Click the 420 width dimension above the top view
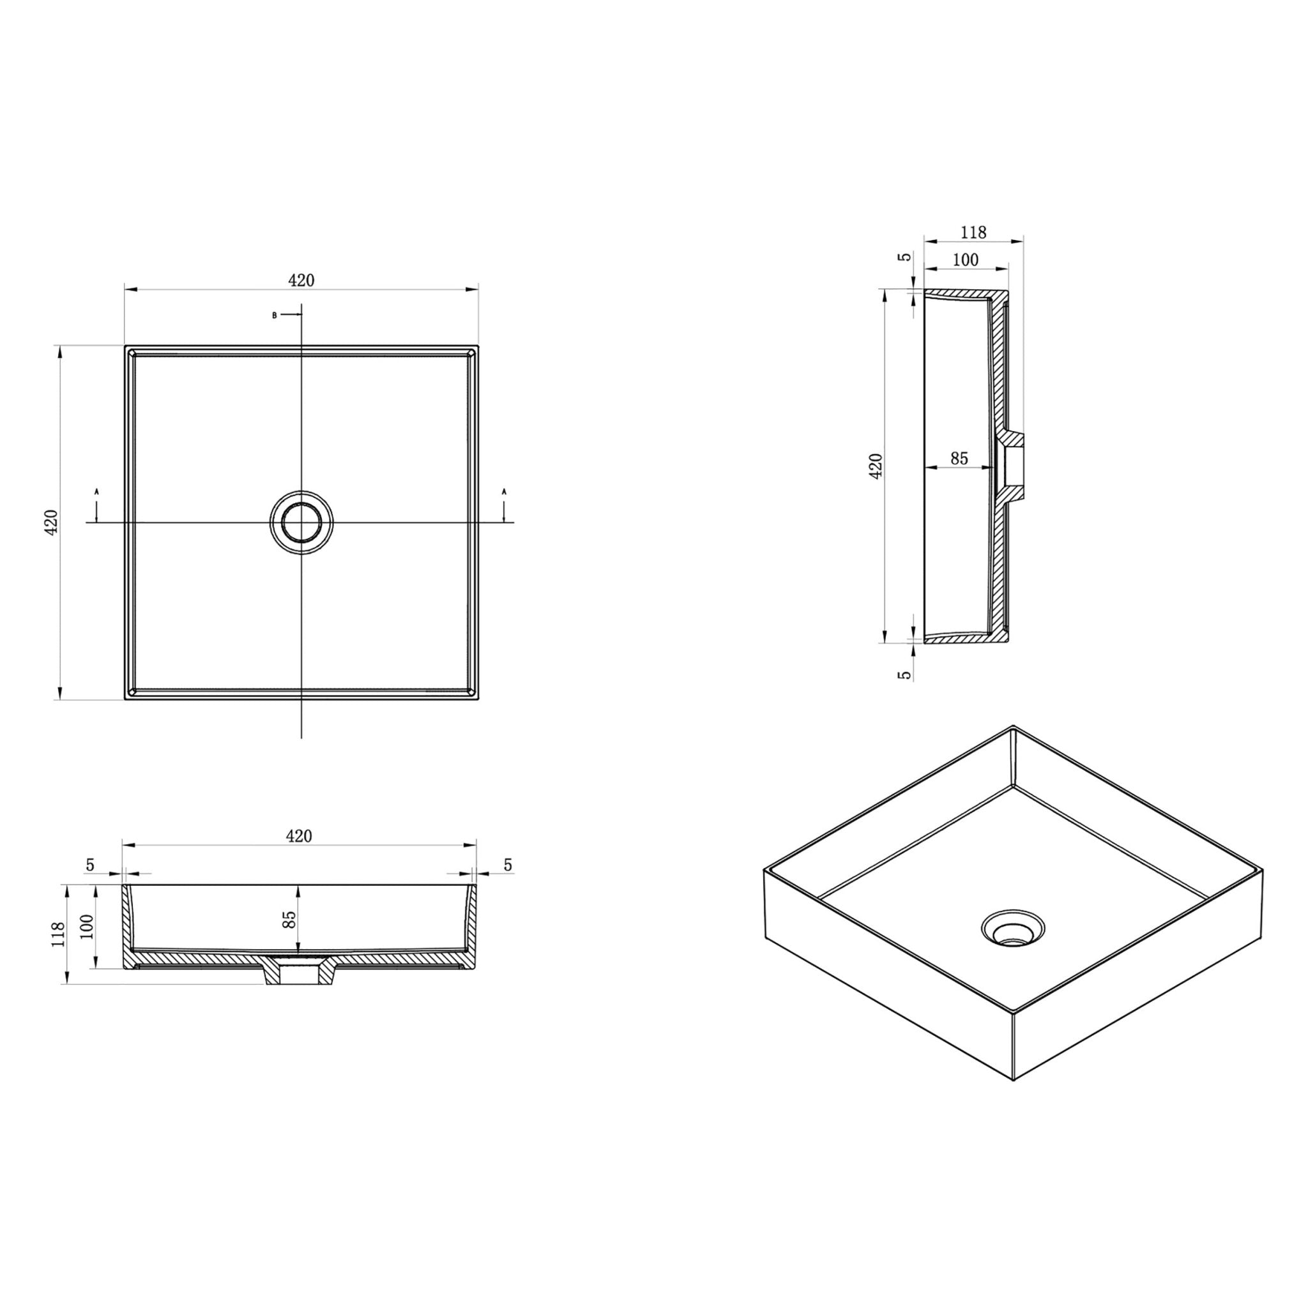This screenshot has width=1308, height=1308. point(301,280)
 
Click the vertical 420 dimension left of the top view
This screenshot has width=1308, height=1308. point(52,522)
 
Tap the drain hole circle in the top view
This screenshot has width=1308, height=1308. point(301,522)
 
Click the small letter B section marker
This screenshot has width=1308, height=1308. point(274,316)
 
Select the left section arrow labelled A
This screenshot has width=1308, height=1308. point(97,504)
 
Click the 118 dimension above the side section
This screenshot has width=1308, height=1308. point(973,232)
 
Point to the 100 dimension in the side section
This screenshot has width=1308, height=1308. point(966,260)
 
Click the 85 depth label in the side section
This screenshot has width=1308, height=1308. point(959,459)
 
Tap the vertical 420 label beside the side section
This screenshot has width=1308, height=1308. point(876,466)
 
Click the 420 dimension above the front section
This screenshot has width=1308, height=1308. point(298,836)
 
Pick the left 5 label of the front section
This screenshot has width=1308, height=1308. point(90,865)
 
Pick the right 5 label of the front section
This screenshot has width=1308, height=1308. point(508,865)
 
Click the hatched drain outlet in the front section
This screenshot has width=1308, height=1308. point(298,973)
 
